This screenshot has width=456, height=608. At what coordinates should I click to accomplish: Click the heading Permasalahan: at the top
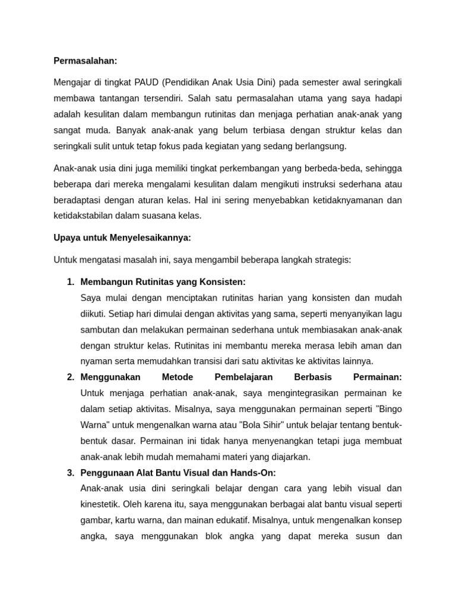(x=85, y=61)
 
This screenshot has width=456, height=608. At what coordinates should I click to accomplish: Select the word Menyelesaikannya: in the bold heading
(x=150, y=237)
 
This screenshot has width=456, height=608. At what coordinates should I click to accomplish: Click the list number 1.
(x=70, y=281)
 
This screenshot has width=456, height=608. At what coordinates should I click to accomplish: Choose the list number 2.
(x=70, y=377)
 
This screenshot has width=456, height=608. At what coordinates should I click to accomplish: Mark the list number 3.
(x=70, y=473)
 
